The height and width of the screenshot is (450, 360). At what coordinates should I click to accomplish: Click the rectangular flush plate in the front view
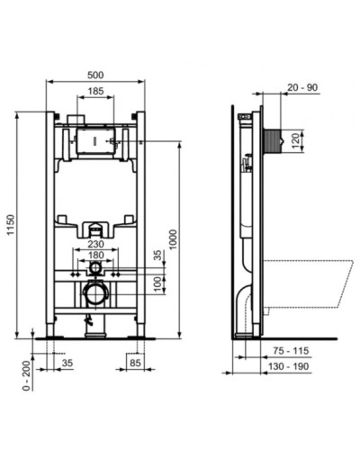(94, 141)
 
